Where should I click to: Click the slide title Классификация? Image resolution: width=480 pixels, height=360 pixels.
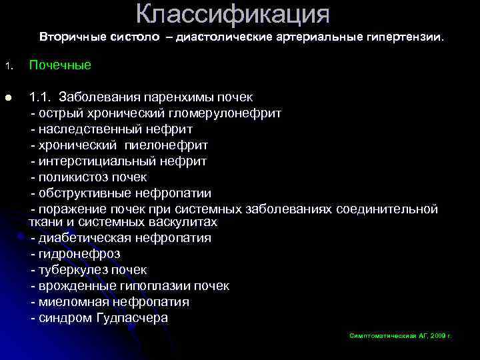click(x=233, y=13)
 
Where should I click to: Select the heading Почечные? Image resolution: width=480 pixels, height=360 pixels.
click(x=60, y=66)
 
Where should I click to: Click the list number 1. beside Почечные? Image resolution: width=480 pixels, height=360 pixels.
click(x=7, y=67)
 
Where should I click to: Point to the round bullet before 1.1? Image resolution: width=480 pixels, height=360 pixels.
click(x=7, y=97)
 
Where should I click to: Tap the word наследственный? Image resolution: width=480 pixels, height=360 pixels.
click(x=87, y=129)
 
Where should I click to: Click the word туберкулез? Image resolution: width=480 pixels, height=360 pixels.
click(x=73, y=270)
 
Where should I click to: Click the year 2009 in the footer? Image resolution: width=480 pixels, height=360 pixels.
click(x=437, y=335)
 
